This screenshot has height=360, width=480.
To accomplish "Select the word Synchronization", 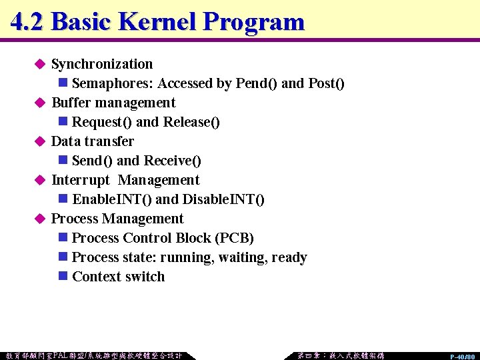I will [102, 64].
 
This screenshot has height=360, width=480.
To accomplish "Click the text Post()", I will [326, 83].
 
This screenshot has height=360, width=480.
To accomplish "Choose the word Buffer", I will [71, 103].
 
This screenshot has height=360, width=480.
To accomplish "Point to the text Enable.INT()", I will [111, 199].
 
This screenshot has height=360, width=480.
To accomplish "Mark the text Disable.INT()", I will [223, 199].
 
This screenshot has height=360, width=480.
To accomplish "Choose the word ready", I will [289, 257].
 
